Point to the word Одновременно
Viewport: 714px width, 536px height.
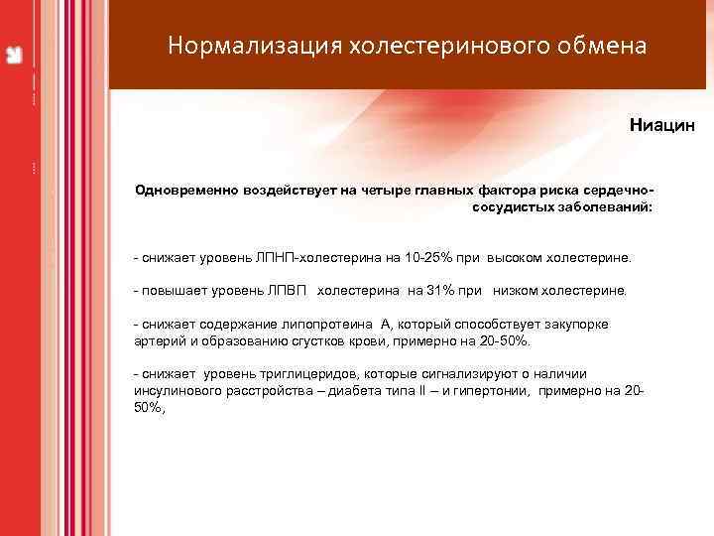click(186, 191)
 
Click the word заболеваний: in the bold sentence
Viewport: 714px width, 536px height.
click(604, 208)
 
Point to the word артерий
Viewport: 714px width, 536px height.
click(158, 340)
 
